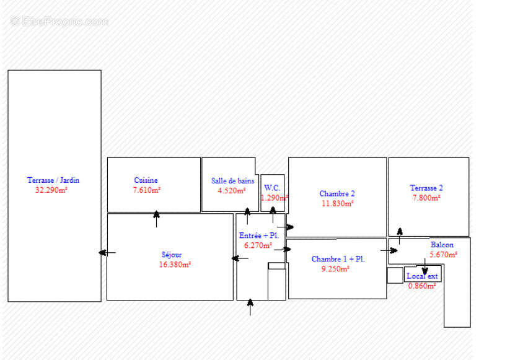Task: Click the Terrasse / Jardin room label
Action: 53,180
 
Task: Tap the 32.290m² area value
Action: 51,190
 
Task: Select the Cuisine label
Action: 146,180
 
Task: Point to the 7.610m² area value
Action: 146,190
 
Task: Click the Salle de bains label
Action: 232,181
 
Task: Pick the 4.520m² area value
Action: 232,191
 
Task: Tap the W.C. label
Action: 272,188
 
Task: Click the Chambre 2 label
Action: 337,194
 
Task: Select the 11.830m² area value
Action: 337,203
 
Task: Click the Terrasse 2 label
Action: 426,188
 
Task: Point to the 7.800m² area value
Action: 426,198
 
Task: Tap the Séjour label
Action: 172,254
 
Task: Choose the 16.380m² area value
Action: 175,264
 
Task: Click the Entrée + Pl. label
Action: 258,235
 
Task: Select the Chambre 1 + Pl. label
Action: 338,259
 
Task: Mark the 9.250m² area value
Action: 335,269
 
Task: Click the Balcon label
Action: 442,245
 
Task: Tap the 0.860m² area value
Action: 421,286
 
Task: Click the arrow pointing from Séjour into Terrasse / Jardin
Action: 107,252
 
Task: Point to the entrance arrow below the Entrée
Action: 250,307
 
